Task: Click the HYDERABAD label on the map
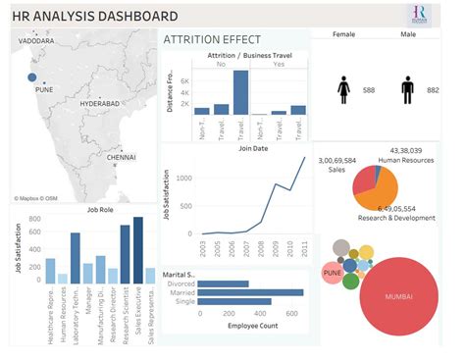100,102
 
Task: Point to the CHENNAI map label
122,157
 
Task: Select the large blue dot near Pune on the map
32,77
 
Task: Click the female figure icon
344,90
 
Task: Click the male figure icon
407,90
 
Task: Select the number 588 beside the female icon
369,90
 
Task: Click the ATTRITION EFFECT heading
212,39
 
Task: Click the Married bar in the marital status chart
250,292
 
